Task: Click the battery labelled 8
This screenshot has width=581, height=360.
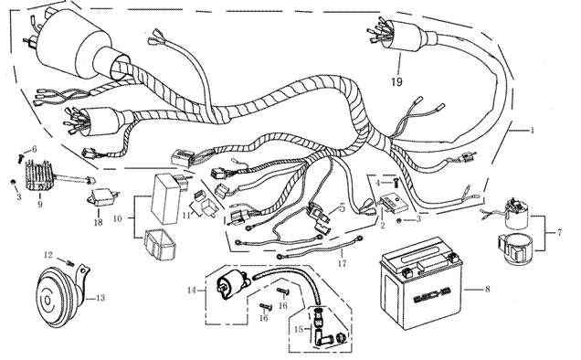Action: pos(421,283)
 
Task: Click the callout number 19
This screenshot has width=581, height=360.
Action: pos(396,81)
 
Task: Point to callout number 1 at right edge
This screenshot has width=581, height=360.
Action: pos(532,130)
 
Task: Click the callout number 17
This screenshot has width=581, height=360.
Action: pos(342,264)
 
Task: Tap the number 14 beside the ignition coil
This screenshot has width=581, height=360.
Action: pos(191,290)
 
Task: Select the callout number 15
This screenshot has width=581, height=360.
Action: pos(300,329)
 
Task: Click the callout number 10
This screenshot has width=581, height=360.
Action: pos(118,218)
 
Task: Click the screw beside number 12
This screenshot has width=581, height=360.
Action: pos(69,263)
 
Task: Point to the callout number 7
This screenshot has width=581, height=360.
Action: pos(559,233)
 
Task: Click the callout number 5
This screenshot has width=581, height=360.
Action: pos(342,207)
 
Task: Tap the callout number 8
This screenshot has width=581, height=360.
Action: pos(487,288)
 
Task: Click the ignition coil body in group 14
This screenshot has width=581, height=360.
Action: pos(232,285)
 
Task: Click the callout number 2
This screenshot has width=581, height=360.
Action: pos(383,225)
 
